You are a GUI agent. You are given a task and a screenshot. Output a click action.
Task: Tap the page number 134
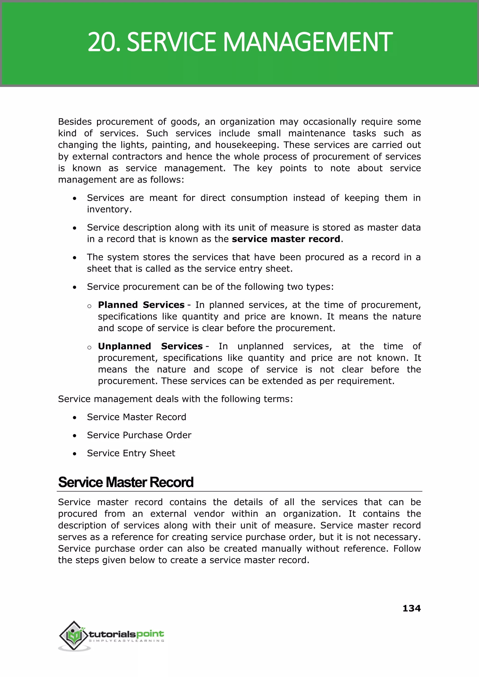click(x=411, y=608)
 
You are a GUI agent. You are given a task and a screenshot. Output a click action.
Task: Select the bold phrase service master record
click(x=286, y=239)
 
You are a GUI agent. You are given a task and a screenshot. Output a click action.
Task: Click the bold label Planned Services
click(x=141, y=305)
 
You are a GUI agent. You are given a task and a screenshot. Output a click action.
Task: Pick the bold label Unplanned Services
click(x=150, y=346)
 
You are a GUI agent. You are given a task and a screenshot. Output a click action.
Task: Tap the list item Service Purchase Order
click(x=139, y=435)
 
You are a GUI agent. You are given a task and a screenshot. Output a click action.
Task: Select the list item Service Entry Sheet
click(x=131, y=453)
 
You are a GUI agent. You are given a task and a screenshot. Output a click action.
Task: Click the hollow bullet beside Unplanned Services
click(x=89, y=347)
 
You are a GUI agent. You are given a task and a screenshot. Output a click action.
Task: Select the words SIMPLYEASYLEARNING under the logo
click(x=127, y=641)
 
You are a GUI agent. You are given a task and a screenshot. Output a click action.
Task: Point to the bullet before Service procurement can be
click(x=75, y=287)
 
